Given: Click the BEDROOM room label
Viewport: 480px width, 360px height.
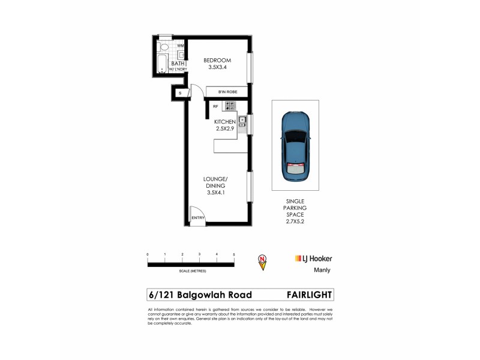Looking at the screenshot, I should pos(217,60).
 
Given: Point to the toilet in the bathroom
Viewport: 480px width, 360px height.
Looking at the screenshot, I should pos(163,47).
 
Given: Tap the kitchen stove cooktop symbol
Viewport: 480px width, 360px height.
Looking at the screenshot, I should pos(230,106).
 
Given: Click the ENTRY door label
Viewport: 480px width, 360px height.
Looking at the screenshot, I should pos(198,218).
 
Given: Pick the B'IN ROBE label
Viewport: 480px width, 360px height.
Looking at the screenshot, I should pos(226,91).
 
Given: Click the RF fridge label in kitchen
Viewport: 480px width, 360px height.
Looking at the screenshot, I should pos(215,106).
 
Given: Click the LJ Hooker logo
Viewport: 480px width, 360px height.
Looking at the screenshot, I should pos(313,258).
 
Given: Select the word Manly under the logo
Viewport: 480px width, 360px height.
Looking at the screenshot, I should pos(322,270).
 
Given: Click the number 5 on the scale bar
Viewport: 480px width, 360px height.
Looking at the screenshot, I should pos(233,255).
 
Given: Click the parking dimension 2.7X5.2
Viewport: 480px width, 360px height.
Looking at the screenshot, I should pos(295,221).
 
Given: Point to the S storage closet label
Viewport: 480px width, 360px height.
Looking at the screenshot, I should pos(179,93).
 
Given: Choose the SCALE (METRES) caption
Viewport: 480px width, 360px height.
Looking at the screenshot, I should pos(190,271).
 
